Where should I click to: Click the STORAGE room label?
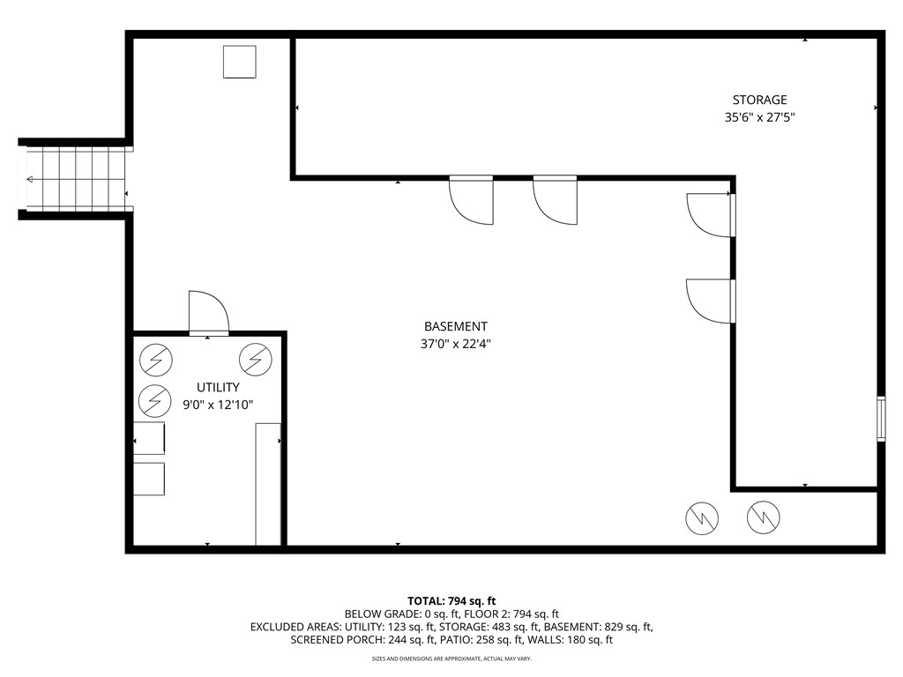[x=759, y=100]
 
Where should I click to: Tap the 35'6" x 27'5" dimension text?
[x=759, y=116]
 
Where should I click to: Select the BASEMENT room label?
[x=455, y=326]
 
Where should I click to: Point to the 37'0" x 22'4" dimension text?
[x=455, y=344]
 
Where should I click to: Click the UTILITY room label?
[x=218, y=387]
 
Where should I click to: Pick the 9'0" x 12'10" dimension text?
[x=218, y=405]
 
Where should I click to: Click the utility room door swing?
[x=208, y=313]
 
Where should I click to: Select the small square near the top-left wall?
[x=239, y=62]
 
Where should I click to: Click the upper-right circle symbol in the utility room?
[x=256, y=358]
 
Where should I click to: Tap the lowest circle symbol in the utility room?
[x=155, y=401]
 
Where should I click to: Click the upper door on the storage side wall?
[x=711, y=215]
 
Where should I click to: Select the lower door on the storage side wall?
[x=711, y=301]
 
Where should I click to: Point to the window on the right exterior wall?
[x=880, y=419]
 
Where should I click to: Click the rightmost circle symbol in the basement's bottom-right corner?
[x=764, y=518]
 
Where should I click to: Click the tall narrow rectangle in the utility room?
[x=268, y=483]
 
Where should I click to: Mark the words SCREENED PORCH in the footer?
[x=332, y=640]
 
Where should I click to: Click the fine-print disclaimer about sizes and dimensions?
[x=451, y=658]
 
